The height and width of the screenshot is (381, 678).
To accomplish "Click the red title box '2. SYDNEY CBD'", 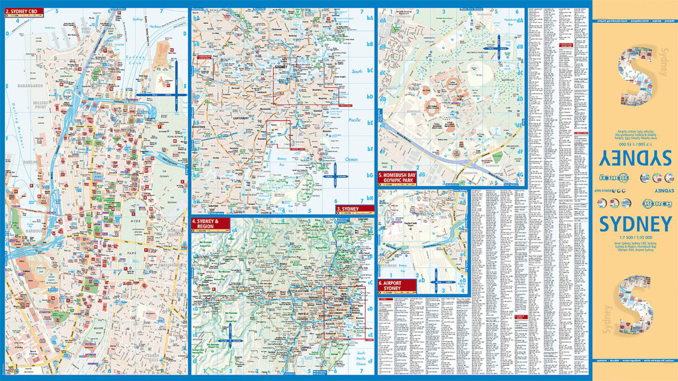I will [x=23, y=10].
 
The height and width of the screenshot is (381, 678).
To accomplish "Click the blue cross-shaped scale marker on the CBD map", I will [x=176, y=93].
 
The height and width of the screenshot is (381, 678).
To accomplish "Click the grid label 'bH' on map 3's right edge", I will [x=370, y=198].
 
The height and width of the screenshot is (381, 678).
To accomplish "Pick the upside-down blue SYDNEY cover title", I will [x=634, y=156].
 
